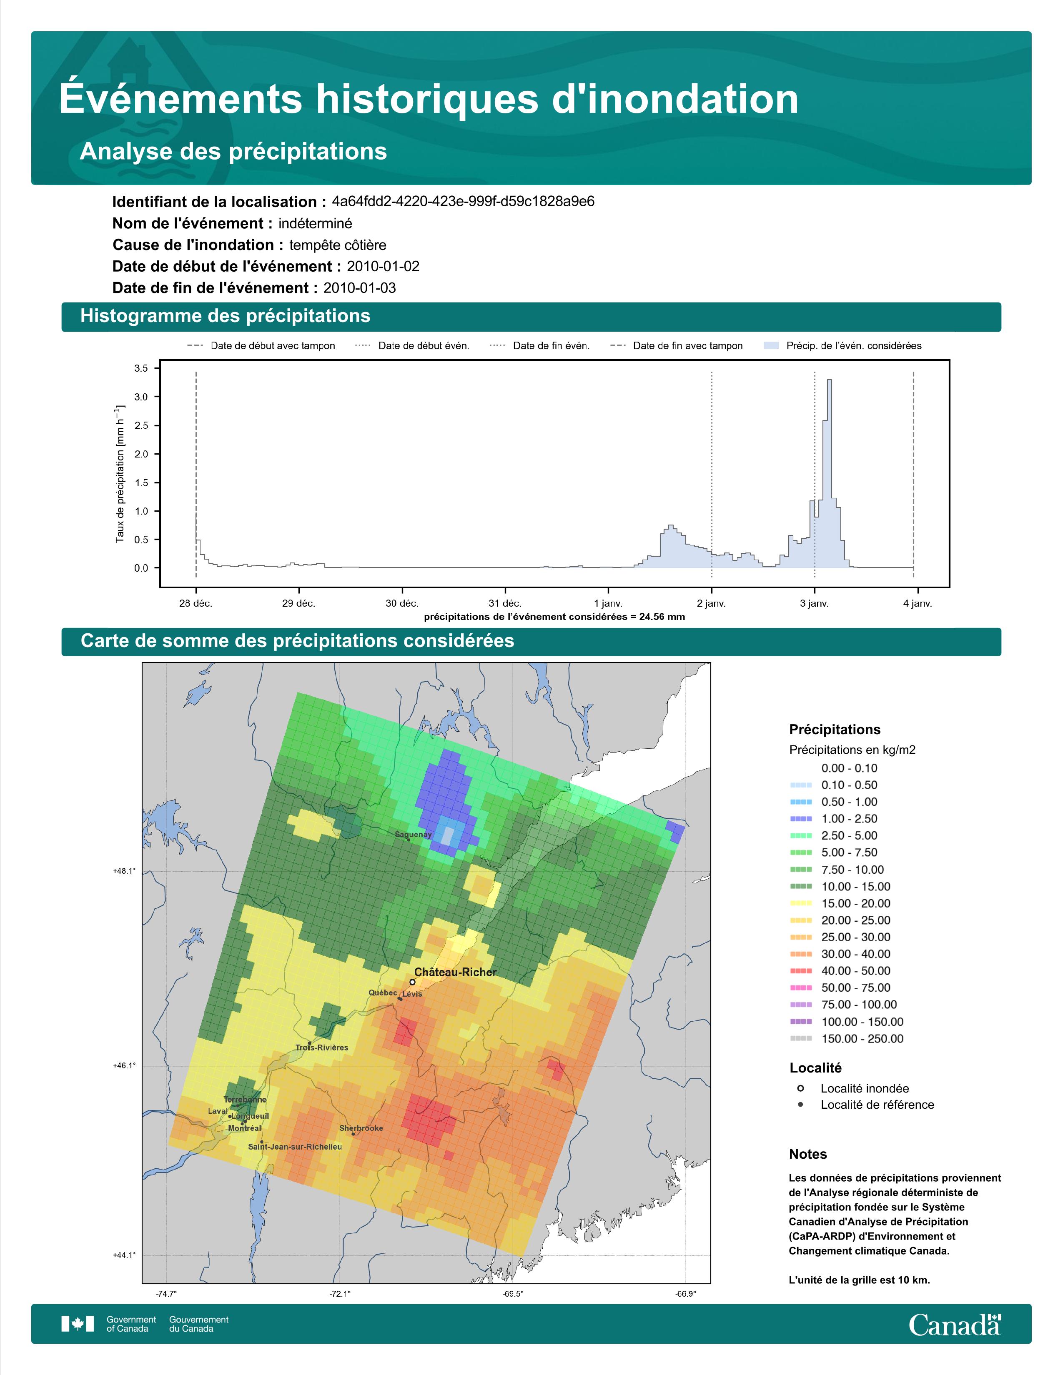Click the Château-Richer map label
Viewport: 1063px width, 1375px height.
[x=455, y=972]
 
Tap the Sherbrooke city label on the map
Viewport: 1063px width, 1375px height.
[x=361, y=1128]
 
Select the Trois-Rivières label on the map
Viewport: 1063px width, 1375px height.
[x=322, y=1047]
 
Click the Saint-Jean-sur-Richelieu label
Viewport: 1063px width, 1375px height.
[x=295, y=1147]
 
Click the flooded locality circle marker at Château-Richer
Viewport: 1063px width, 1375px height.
[x=412, y=982]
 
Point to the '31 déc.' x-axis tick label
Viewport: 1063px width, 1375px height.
[x=505, y=603]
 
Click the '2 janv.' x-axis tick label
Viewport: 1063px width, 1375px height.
[x=712, y=603]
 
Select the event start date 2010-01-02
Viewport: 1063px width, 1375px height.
[x=383, y=266]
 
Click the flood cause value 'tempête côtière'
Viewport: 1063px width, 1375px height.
[x=338, y=245]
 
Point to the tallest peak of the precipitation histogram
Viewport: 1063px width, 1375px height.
[x=830, y=380]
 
